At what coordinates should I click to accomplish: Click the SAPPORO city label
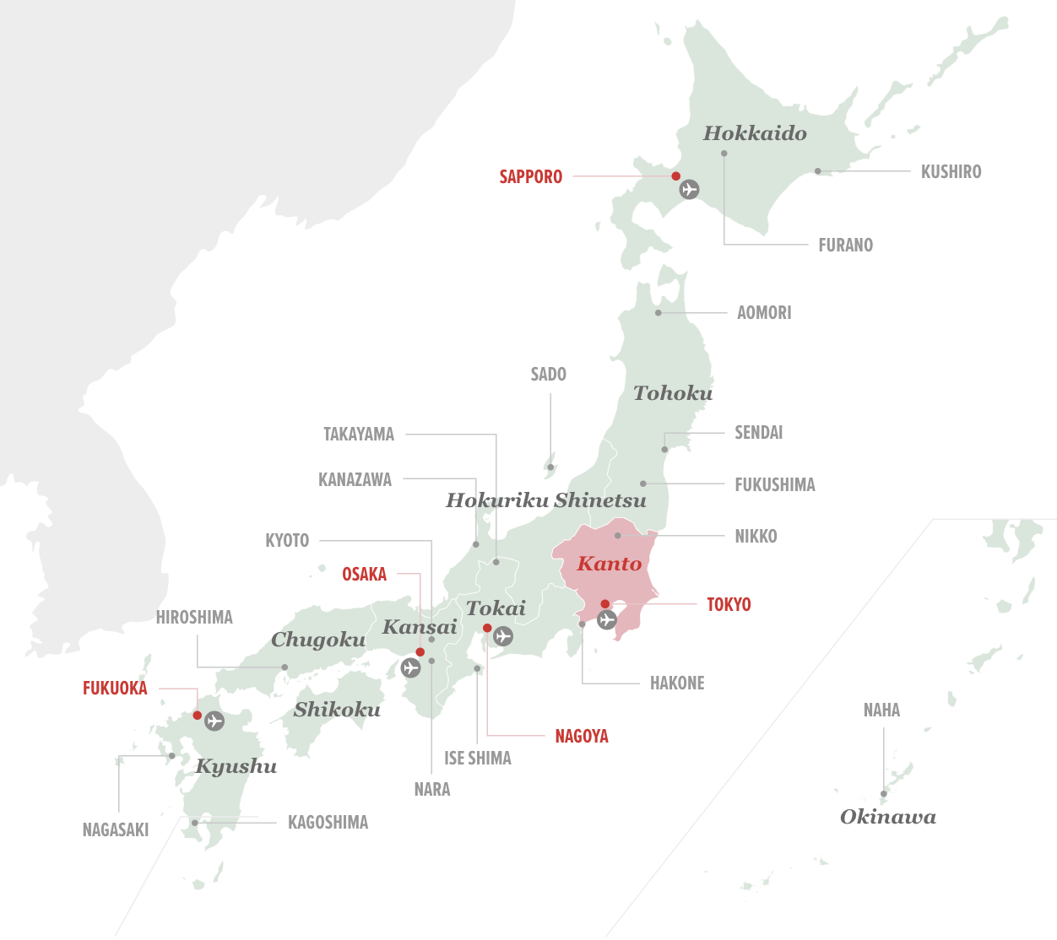pos(530,177)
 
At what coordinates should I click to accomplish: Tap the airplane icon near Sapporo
pos(690,189)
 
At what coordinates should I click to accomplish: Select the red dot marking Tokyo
pos(605,604)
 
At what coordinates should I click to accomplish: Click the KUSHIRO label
pos(951,172)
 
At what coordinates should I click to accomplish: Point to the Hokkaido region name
pos(755,133)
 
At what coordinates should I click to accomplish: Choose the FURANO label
pos(845,246)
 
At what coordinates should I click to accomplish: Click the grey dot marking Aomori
pos(659,313)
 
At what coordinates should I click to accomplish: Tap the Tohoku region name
pos(673,393)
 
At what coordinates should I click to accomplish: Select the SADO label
pos(548,375)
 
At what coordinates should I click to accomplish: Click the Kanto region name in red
pos(609,564)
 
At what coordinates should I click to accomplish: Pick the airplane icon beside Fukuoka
pos(214,721)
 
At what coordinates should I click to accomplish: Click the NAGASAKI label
pos(116,830)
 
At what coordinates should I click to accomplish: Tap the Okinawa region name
pos(887,817)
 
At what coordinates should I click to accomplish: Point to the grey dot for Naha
pos(884,794)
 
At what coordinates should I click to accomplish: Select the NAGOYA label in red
pos(581,737)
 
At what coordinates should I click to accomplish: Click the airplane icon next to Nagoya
pos(503,635)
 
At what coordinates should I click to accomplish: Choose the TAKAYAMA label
pos(359,435)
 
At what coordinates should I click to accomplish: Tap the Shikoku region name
pos(337,710)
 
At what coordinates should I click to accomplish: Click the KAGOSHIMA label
pos(328,823)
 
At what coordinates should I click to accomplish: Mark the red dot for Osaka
pos(420,652)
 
